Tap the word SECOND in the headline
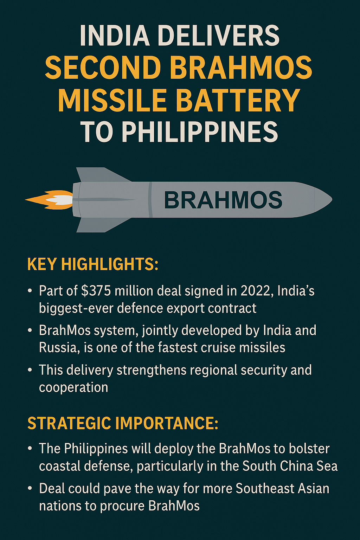pyautogui.click(x=103, y=68)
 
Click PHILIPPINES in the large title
pyautogui.click(x=200, y=132)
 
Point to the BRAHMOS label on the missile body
pyautogui.click(x=223, y=200)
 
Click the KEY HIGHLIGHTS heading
pyautogui.click(x=93, y=264)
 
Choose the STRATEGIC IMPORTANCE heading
pyautogui.click(x=123, y=423)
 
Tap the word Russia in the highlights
pyautogui.click(x=57, y=348)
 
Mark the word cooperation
pyautogui.click(x=73, y=387)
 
